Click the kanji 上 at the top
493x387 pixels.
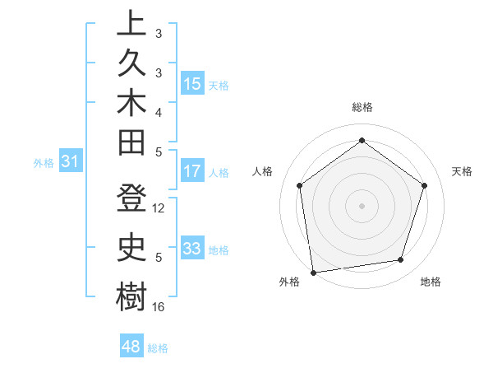[x=131, y=24]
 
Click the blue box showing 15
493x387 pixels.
[x=192, y=84]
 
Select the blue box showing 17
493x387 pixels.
[x=192, y=172]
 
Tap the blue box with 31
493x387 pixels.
[x=71, y=162]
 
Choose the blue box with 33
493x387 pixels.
[x=192, y=249]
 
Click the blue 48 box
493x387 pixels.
[x=131, y=347]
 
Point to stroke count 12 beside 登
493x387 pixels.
[x=159, y=208]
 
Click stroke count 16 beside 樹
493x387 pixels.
[x=159, y=307]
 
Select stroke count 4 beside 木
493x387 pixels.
[x=159, y=112]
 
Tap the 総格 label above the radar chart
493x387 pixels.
[x=362, y=108]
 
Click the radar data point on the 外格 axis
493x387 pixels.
[x=313, y=272]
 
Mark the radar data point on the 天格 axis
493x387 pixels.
[x=425, y=185]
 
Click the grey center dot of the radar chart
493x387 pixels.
[x=362, y=205]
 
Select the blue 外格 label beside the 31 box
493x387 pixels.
[x=44, y=163]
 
